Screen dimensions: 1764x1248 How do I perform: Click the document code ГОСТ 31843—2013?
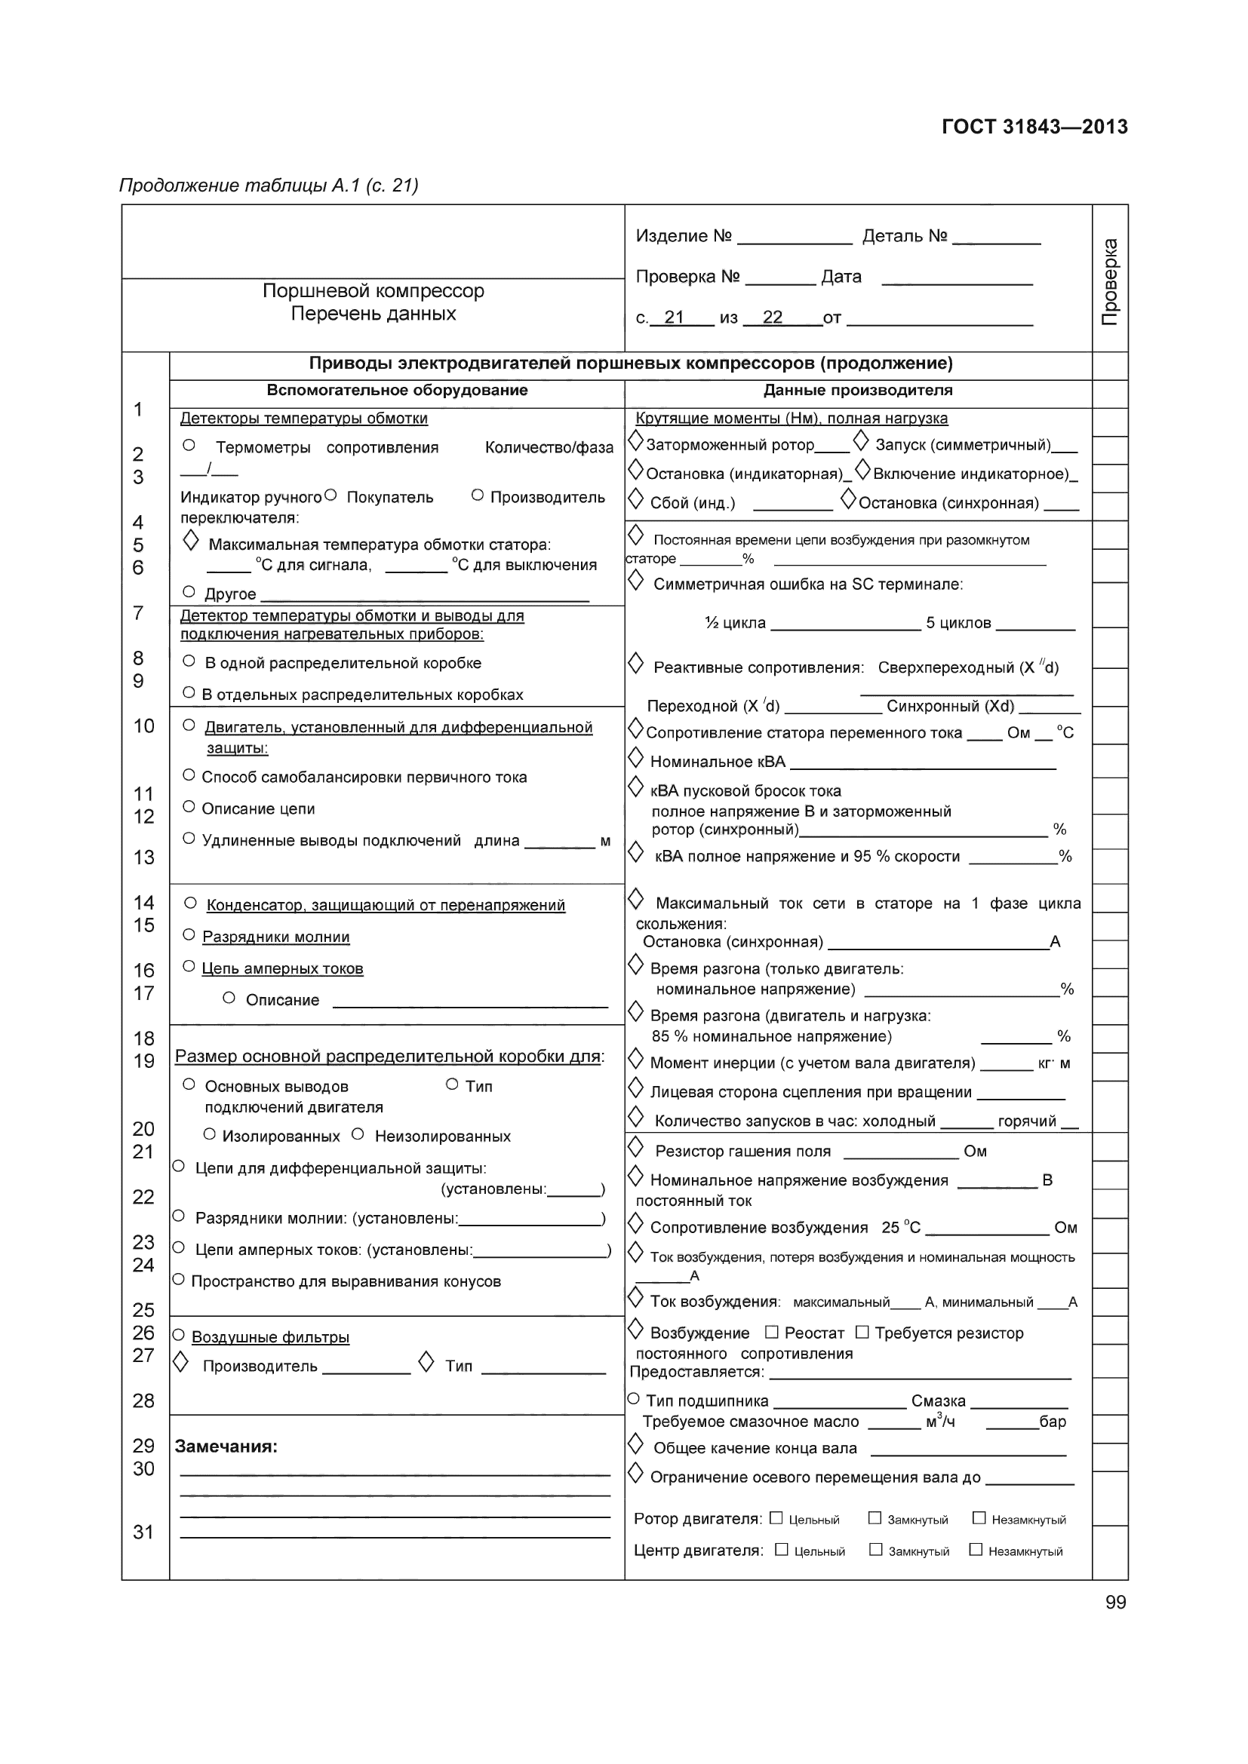[x=1034, y=127]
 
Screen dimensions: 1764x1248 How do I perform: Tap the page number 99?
[x=1115, y=1602]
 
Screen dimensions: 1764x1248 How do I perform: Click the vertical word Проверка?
[x=1110, y=282]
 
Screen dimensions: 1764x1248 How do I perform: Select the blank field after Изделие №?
[x=794, y=237]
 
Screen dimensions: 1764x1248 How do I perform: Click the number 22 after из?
[x=772, y=318]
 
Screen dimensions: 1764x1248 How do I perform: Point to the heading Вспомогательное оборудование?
[x=397, y=391]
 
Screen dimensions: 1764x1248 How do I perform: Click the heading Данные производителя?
[x=858, y=391]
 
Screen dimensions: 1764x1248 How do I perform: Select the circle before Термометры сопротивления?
[x=189, y=445]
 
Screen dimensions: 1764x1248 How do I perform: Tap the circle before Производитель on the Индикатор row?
[x=477, y=495]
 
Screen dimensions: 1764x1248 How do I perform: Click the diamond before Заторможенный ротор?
[x=635, y=441]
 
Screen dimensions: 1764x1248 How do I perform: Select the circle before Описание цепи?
[x=189, y=806]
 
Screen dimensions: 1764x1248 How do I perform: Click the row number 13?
[x=143, y=857]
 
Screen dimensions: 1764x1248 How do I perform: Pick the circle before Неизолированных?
[x=358, y=1134]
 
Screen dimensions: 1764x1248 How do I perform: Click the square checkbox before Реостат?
[x=773, y=1331]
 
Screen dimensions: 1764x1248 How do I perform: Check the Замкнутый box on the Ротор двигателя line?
[x=875, y=1517]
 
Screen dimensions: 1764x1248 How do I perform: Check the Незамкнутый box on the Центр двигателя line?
[x=976, y=1549]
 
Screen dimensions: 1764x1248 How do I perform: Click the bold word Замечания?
[x=226, y=1446]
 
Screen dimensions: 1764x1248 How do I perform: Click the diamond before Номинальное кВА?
[x=635, y=757]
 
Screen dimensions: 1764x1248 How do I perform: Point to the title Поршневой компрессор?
[x=373, y=291]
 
